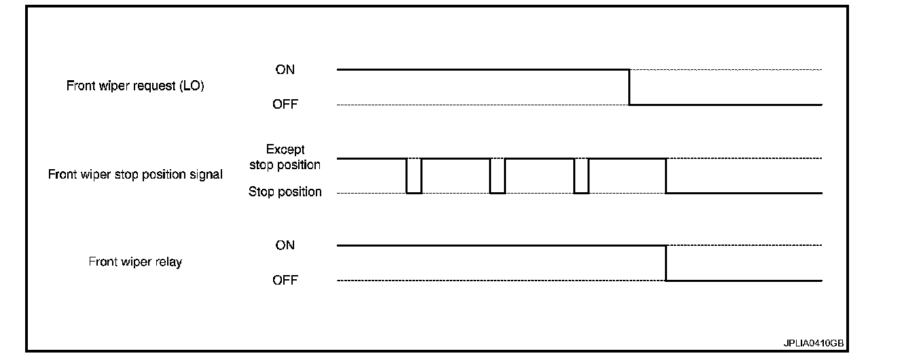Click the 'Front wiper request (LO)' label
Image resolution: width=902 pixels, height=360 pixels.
tap(135, 86)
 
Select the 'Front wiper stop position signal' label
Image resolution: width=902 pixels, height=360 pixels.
tap(135, 175)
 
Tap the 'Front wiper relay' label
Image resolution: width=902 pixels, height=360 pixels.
tap(135, 262)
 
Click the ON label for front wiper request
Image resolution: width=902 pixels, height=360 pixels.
tap(285, 69)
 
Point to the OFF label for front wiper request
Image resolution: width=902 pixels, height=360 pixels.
tap(285, 105)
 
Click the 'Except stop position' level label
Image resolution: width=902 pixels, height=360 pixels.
tap(285, 157)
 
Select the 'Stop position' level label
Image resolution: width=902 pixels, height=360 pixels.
tap(285, 192)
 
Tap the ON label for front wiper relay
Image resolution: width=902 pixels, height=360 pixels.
tap(285, 245)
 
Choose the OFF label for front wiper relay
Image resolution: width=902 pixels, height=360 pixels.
tap(285, 280)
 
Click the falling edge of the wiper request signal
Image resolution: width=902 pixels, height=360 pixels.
tap(630, 87)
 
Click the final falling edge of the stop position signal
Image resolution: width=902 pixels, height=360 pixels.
tap(666, 176)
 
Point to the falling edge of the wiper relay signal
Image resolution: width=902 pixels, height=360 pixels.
tap(666, 263)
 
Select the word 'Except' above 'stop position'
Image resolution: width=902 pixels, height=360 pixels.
tap(285, 149)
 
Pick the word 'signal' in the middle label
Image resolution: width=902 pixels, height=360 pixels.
tap(206, 175)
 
